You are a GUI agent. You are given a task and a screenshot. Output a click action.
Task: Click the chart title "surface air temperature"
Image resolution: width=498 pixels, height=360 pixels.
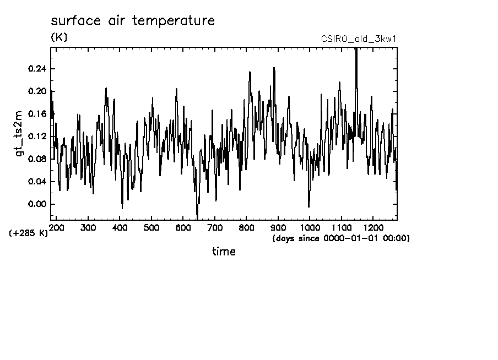click(133, 21)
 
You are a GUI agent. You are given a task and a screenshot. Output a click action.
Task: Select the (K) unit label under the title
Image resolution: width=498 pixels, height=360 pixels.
click(59, 37)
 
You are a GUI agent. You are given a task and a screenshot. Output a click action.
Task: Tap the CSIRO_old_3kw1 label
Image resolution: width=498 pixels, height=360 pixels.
click(359, 39)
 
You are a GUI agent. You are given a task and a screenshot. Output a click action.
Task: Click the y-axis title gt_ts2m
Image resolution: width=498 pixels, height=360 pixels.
click(21, 137)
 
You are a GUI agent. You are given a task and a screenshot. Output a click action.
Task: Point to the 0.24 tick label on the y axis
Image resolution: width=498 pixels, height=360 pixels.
click(36, 69)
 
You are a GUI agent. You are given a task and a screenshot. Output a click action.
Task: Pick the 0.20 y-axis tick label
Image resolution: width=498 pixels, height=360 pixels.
click(36, 91)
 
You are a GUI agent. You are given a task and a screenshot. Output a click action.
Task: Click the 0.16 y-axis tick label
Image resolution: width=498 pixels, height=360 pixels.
click(36, 114)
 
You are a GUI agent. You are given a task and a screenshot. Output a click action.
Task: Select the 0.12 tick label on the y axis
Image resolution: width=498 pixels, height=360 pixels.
click(36, 137)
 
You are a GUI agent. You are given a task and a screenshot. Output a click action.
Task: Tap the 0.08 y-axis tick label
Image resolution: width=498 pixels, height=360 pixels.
click(36, 159)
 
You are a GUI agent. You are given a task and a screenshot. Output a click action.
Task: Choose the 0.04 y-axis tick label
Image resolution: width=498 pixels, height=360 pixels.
click(36, 182)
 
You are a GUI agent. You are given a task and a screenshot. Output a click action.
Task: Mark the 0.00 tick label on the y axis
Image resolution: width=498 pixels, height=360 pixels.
click(36, 204)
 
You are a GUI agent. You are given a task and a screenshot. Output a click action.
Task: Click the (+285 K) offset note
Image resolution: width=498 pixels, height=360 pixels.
click(29, 233)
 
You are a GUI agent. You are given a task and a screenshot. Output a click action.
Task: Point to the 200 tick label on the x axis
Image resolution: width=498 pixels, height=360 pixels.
click(57, 227)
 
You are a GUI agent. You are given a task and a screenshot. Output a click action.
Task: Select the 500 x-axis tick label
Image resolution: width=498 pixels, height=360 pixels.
click(151, 227)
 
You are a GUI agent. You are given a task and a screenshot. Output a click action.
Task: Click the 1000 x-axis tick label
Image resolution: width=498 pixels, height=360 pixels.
click(310, 227)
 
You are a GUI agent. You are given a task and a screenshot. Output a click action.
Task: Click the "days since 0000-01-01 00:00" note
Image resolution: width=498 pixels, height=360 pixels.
click(341, 238)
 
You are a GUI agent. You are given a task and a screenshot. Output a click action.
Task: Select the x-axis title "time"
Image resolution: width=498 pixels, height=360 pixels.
click(224, 252)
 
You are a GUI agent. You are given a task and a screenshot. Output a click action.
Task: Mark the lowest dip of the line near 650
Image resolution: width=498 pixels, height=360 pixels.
click(197, 217)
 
